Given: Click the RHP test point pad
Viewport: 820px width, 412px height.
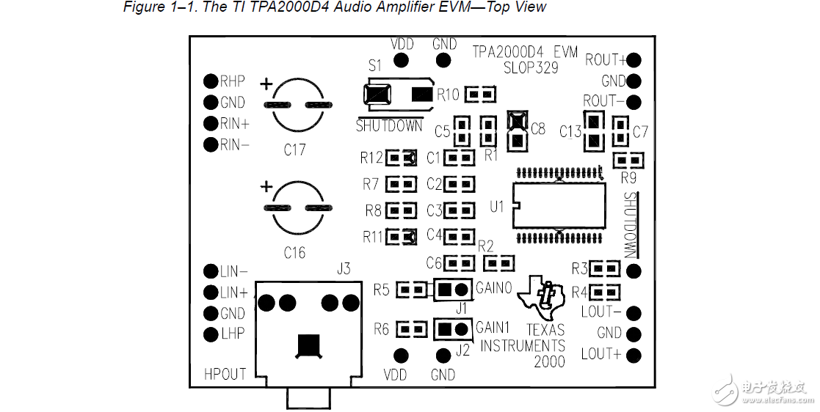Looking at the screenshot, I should [210, 81].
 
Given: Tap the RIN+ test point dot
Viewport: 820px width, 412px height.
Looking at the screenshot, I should [210, 124].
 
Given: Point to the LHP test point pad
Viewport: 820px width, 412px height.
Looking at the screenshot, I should [210, 335].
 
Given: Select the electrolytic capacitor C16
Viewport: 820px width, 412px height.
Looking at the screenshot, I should [294, 207].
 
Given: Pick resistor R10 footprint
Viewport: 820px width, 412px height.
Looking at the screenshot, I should [482, 95].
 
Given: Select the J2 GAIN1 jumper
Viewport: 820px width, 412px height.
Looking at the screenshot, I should [452, 328].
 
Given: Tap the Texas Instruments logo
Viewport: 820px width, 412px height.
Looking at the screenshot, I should [544, 296].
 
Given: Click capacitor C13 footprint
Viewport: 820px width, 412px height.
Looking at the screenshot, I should [594, 131].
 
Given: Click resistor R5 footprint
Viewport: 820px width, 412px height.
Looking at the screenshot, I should [412, 290].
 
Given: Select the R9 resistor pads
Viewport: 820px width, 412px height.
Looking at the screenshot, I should [628, 161].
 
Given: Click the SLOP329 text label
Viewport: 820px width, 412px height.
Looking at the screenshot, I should [530, 67].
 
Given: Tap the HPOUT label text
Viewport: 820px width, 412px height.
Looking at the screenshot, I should [225, 375].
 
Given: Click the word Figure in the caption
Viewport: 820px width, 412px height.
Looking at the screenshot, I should [143, 7].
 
